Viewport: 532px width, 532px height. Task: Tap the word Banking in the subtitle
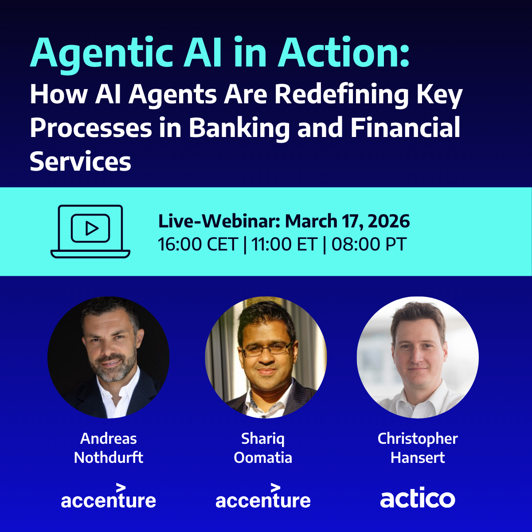coord(239,128)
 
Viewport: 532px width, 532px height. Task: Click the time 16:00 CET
coord(198,244)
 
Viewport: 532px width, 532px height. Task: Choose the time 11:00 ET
coord(284,244)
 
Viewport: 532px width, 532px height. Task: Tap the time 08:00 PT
coord(369,244)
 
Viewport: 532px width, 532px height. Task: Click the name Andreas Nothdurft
coord(109,448)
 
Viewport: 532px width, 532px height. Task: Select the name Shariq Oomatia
coord(263,448)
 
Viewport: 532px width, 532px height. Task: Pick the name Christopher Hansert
coord(418,448)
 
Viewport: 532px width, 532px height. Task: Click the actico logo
coord(418,499)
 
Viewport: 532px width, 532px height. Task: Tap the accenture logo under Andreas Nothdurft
coord(109,496)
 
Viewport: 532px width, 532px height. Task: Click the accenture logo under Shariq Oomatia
coord(263,496)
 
